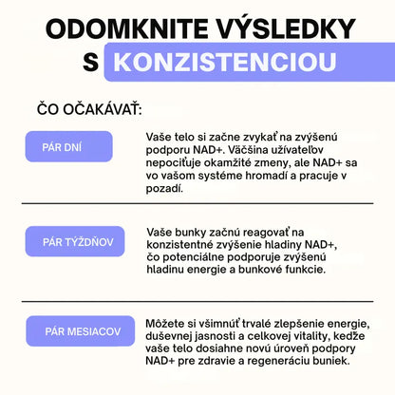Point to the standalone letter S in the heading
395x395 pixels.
coord(89,64)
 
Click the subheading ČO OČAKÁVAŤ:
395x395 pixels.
coord(89,109)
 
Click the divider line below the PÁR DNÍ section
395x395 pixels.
coord(197,203)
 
